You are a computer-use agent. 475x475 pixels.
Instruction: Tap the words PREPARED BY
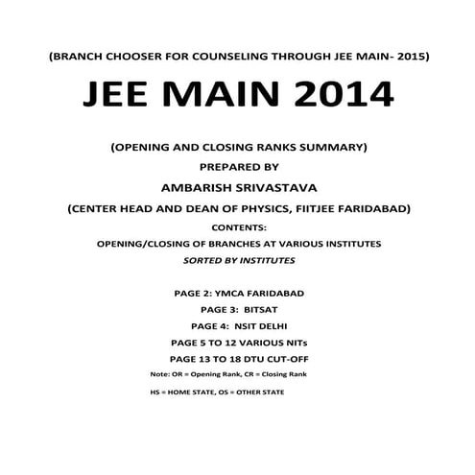pyautogui.click(x=237, y=163)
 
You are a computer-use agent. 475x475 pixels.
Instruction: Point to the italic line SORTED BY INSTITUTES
pyautogui.click(x=237, y=259)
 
